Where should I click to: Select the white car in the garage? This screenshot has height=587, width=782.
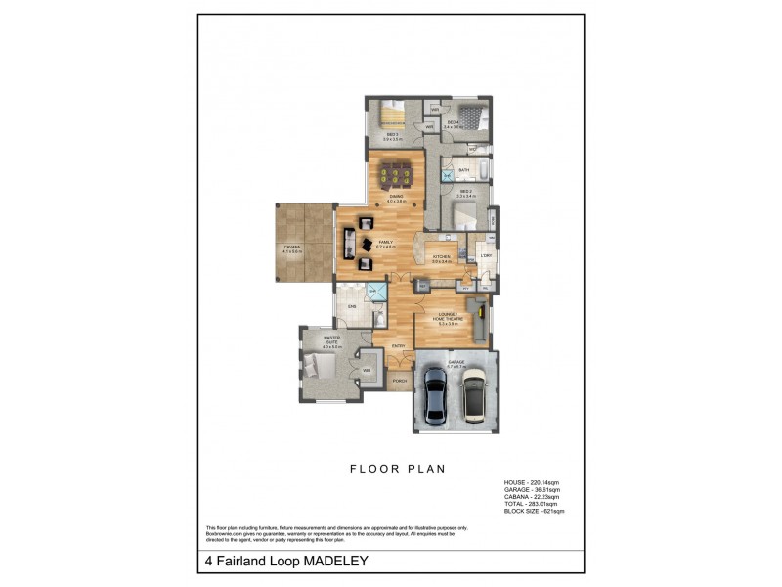(475, 395)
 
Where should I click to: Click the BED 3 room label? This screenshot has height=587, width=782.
(391, 138)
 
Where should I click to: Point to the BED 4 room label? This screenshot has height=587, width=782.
(453, 123)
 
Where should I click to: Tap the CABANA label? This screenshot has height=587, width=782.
(291, 248)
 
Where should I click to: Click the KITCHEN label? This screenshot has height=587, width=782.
(442, 258)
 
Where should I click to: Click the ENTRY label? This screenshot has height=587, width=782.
(399, 345)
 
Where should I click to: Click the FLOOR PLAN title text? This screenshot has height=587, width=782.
(398, 469)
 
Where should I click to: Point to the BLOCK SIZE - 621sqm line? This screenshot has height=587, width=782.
(534, 512)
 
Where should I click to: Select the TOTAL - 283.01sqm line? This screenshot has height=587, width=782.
(531, 504)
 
